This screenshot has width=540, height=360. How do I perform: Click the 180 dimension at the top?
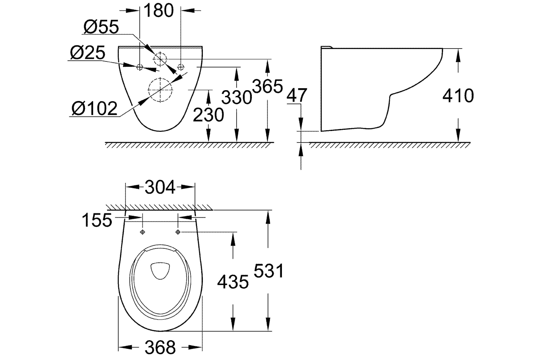coord(159,11)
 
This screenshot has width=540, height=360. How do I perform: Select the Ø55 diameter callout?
coord(101,27)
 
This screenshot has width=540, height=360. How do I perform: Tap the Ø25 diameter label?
coord(88,53)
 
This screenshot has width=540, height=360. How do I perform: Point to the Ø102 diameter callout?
coord(94,108)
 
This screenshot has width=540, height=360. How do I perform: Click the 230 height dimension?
coord(208,115)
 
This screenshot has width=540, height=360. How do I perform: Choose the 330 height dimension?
coord(237,97)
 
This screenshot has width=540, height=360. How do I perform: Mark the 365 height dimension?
coord(268,86)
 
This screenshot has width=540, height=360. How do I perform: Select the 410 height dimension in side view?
coord(458,96)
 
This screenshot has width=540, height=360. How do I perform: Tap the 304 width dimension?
coord(160,187)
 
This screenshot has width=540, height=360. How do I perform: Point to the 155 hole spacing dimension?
coord(97,220)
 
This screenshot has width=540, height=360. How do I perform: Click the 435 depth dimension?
coord(233,282)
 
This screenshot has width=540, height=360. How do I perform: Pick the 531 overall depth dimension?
coord(268,271)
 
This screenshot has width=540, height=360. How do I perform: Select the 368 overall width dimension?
coord(160,347)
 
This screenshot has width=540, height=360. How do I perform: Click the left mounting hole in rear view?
coord(140,67)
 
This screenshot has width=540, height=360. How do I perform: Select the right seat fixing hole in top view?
coord(178,232)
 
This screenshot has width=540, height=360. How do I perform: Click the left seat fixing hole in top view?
coord(143,232)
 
